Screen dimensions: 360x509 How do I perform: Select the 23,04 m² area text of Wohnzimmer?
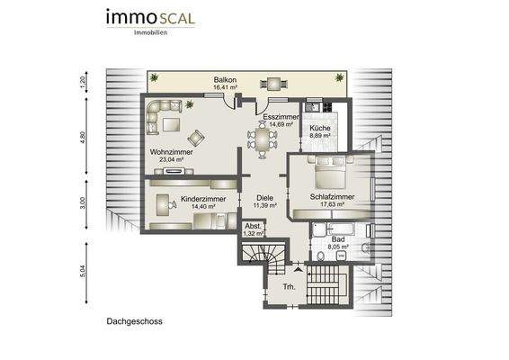pos(167,160)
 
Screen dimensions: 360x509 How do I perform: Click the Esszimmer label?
pos(280,117)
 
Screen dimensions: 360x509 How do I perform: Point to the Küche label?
pos(319,129)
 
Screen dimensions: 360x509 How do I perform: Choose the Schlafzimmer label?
pos(332,196)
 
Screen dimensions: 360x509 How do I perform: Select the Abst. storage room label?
pos(254,226)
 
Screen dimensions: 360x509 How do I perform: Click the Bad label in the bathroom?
pos(338,241)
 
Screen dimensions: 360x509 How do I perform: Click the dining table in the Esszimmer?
pos(262,139)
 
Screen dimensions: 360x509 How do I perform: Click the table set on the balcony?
pos(271,84)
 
